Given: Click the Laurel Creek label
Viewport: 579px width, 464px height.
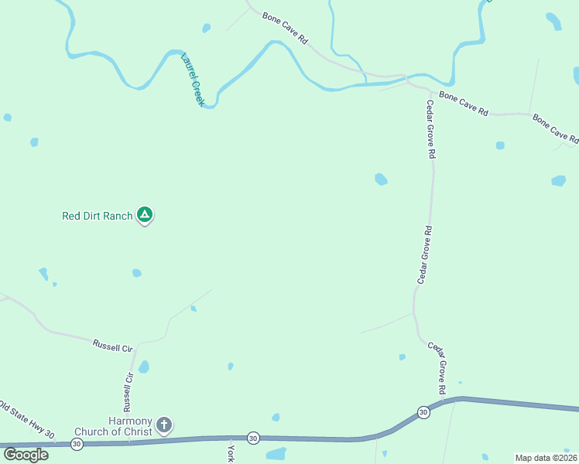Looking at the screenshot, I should click(192, 79).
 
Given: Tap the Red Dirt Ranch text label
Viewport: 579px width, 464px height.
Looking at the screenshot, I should click(98, 217).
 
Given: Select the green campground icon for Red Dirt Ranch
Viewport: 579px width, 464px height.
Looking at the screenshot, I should click(145, 214).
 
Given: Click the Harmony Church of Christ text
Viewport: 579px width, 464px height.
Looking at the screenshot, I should click(114, 426).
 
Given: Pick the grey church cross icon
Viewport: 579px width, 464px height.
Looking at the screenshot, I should click(164, 425).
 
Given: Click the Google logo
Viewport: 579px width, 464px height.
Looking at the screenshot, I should click(26, 454).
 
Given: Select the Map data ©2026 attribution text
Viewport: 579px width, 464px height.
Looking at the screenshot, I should click(545, 458).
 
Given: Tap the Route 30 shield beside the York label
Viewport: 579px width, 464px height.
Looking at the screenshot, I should click(253, 438).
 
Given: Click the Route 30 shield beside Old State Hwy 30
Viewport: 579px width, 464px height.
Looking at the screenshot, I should click(77, 444).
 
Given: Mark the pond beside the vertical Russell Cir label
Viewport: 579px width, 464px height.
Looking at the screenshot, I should click(144, 367).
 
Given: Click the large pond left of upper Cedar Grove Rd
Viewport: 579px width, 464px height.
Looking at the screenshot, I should click(381, 179).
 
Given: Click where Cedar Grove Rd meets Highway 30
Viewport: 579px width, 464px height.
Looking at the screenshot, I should click(447, 401).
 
